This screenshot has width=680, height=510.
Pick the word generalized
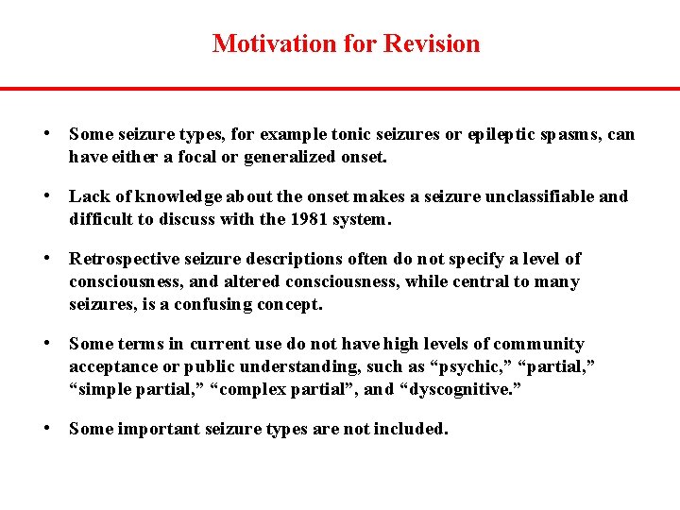click(287, 157)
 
